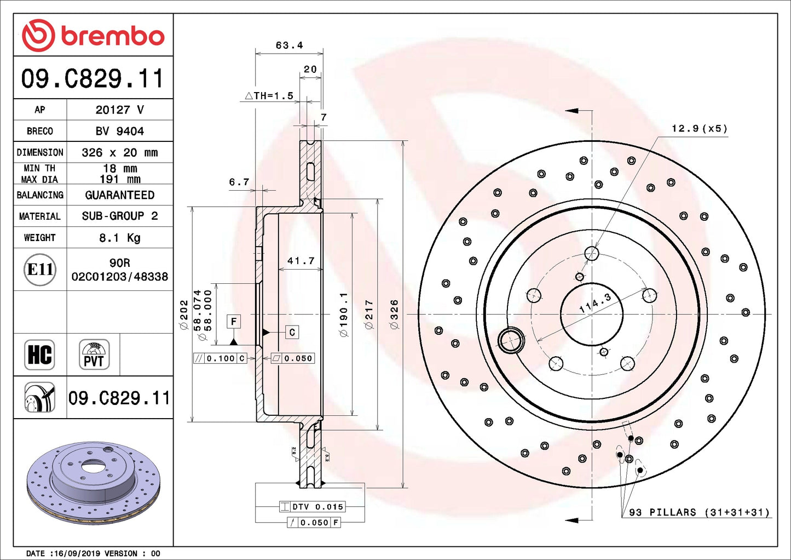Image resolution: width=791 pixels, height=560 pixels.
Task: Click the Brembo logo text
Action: pyautogui.click(x=112, y=36)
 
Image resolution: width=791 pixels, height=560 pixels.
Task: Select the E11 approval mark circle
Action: pyautogui.click(x=40, y=270)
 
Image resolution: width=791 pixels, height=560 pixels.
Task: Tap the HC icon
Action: pyautogui.click(x=39, y=355)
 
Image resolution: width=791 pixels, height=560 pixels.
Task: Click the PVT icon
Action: pyautogui.click(x=94, y=355)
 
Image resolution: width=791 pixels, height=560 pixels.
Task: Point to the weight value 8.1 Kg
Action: pyautogui.click(x=119, y=238)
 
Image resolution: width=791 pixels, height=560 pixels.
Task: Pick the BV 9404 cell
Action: pyautogui.click(x=119, y=131)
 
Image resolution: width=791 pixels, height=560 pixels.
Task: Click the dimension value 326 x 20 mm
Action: pyautogui.click(x=119, y=152)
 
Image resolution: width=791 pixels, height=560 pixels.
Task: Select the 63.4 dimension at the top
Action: pyautogui.click(x=289, y=45)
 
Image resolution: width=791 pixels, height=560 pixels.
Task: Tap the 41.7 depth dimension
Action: pyautogui.click(x=301, y=261)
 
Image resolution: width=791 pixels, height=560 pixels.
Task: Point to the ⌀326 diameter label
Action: pyautogui.click(x=394, y=314)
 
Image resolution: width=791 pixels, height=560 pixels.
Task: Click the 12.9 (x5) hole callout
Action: pyautogui.click(x=699, y=129)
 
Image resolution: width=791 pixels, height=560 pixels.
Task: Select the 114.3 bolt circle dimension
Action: pyautogui.click(x=595, y=303)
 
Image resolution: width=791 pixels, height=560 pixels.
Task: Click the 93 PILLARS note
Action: pyautogui.click(x=699, y=512)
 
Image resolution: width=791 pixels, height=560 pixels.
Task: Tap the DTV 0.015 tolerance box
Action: pyautogui.click(x=312, y=507)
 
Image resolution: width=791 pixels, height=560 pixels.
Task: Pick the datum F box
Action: pyautogui.click(x=234, y=322)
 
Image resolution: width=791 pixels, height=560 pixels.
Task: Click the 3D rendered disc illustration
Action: pyautogui.click(x=93, y=482)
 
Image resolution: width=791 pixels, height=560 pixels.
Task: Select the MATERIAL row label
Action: pyautogui.click(x=39, y=216)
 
